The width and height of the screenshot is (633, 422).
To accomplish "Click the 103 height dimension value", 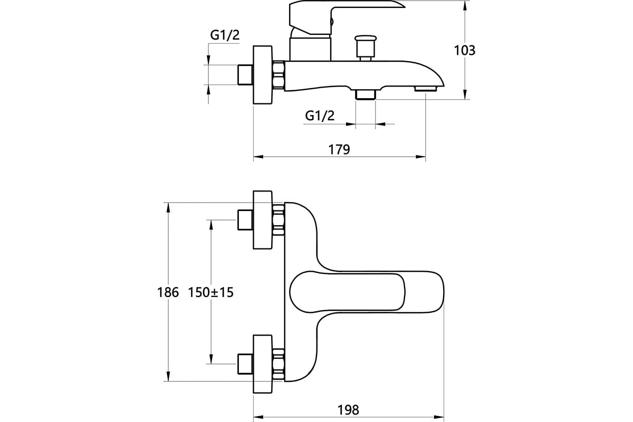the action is (x=465, y=50).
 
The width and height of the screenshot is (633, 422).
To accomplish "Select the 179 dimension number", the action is (x=339, y=149).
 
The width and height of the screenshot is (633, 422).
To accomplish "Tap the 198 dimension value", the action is (x=348, y=409).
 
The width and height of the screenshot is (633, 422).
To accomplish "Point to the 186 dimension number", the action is (x=168, y=292).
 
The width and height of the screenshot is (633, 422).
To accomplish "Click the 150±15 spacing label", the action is (x=211, y=292).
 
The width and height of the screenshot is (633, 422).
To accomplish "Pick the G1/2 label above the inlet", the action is (x=225, y=35).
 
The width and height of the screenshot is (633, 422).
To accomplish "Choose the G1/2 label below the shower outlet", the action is (x=320, y=116).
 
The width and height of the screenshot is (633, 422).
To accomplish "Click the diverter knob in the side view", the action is (x=366, y=48).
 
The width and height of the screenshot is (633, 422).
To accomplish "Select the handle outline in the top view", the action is (x=347, y=293).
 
